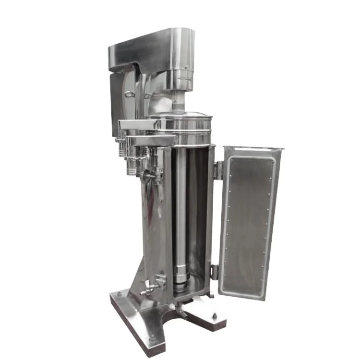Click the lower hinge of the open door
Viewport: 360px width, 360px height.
tap(215, 272)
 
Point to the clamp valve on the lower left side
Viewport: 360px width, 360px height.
tap(153, 285)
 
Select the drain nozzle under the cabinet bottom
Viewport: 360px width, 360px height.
tap(182, 313)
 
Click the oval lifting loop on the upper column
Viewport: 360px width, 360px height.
tap(129, 94)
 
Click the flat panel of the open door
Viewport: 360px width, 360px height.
tap(247, 223)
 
